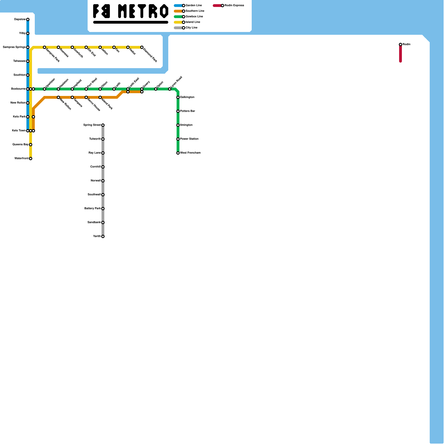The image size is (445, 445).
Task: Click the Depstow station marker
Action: [x=28, y=19]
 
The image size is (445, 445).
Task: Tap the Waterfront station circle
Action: [x=31, y=159]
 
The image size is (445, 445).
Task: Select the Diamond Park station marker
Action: [x=142, y=47]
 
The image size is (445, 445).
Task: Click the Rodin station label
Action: [x=406, y=44]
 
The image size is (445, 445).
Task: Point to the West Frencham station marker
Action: [x=178, y=153]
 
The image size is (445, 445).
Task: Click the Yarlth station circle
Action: [x=103, y=236]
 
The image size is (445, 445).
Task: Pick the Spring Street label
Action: [x=92, y=125]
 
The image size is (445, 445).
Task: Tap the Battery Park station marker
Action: [x=103, y=209]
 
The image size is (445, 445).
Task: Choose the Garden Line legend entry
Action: [x=194, y=6]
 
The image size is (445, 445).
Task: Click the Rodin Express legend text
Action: [x=234, y=6]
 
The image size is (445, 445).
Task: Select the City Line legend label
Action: [x=191, y=28]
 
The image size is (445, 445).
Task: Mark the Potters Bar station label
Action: [x=187, y=111]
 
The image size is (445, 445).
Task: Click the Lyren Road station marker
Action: [x=170, y=89]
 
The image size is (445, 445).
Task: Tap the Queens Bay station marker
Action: [x=31, y=145]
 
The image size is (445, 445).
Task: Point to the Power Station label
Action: [x=189, y=139]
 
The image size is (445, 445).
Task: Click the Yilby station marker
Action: [x=28, y=33]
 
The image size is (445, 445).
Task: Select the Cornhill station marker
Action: [x=103, y=167]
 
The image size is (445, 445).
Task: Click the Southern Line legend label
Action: [x=195, y=11]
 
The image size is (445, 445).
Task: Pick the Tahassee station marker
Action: [x=28, y=61]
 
